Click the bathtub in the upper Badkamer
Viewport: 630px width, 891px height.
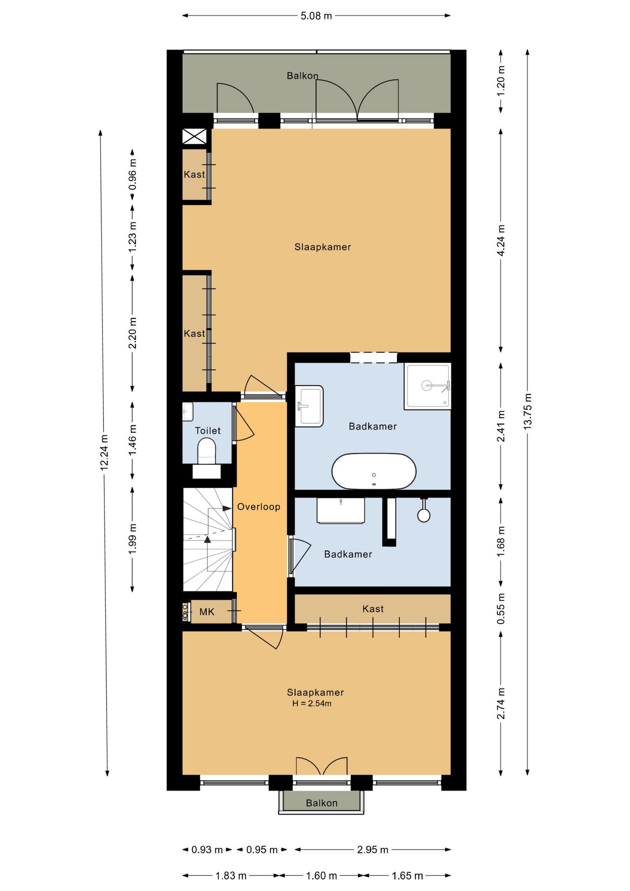(x=374, y=471)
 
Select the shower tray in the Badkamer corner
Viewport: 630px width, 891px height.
(x=427, y=386)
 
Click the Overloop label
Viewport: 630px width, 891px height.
(x=259, y=507)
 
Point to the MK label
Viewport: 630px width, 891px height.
(x=207, y=612)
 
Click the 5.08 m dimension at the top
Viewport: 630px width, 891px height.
(x=316, y=16)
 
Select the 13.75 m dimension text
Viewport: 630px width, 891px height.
(x=528, y=411)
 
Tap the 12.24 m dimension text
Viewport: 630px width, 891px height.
(x=104, y=452)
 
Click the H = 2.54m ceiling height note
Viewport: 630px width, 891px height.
(x=312, y=704)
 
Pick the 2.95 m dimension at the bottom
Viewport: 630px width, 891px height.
(x=373, y=850)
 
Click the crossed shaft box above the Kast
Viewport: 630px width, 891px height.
(x=194, y=136)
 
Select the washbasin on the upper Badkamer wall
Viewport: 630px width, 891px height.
(x=309, y=406)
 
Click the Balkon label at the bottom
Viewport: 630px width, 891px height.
(x=321, y=803)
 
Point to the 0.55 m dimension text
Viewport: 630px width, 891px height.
(x=501, y=609)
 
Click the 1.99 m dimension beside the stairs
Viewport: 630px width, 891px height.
(x=133, y=538)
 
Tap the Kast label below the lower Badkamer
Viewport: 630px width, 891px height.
(x=373, y=609)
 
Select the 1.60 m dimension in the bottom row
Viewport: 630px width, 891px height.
(x=321, y=876)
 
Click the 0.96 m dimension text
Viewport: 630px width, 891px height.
(x=133, y=174)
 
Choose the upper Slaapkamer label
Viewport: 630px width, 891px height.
(x=323, y=247)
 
